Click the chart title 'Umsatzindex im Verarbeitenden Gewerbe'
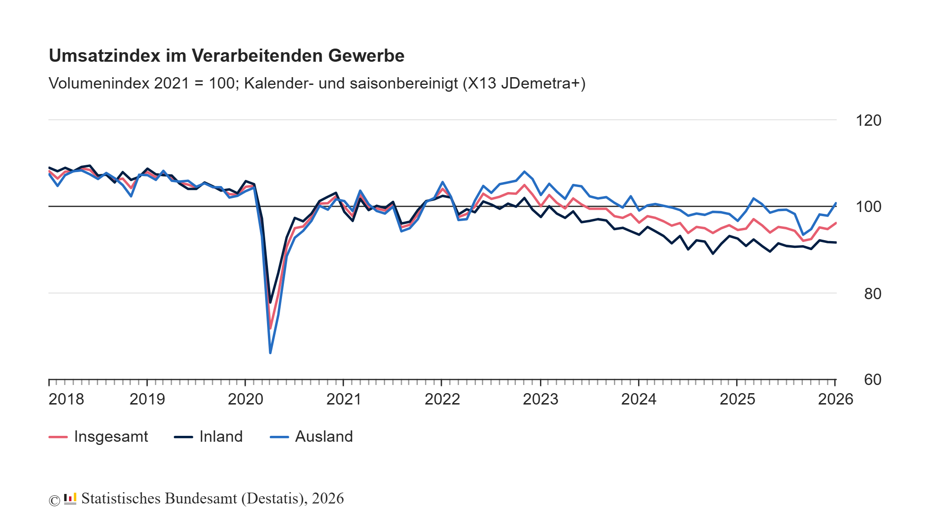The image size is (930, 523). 227,56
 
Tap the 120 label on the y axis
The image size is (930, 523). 868,121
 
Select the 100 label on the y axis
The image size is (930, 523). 868,207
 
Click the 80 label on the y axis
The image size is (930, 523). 872,294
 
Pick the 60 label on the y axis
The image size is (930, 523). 872,380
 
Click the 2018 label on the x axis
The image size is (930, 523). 66,400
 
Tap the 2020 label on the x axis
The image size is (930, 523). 245,400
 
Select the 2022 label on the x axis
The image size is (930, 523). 442,400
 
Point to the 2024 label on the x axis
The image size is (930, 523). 638,400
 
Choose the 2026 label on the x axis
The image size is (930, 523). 835,400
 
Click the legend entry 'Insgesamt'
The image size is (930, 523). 111,437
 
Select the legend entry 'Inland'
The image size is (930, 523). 221,437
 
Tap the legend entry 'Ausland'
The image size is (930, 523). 324,437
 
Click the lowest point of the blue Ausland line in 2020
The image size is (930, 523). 270,353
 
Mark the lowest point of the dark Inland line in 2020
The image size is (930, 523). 270,302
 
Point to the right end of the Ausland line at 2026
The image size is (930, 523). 836,203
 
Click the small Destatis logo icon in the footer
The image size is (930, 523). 70,499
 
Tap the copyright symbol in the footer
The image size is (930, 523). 54,500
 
